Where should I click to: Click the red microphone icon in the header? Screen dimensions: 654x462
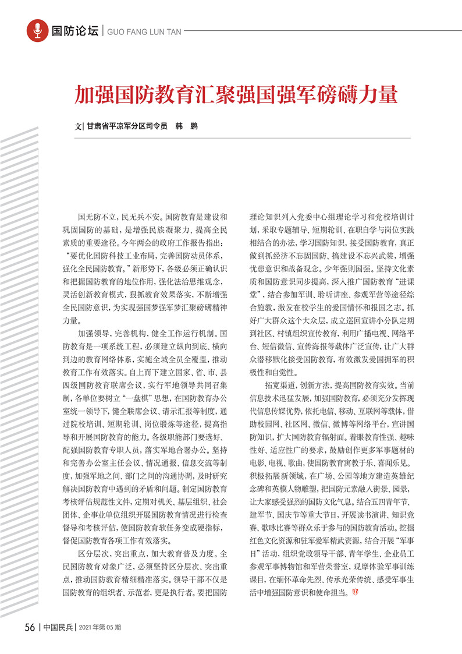click(38, 30)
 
